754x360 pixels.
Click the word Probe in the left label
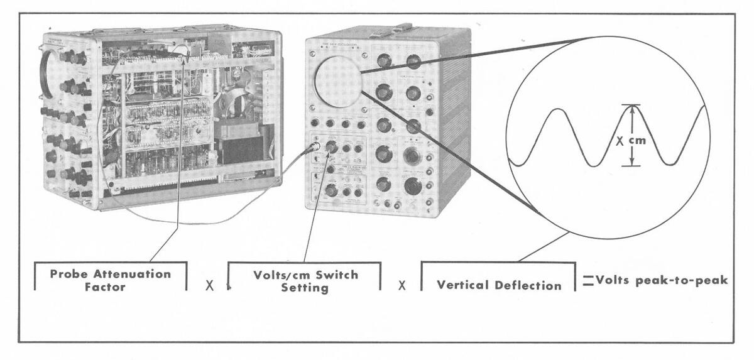click(70, 274)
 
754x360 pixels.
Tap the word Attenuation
click(131, 274)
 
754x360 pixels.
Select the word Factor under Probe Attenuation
click(104, 287)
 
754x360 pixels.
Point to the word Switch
click(336, 275)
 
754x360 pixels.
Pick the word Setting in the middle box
click(305, 288)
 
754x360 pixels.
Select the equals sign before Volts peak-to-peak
click(587, 281)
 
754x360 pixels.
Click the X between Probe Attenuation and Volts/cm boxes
click(210, 285)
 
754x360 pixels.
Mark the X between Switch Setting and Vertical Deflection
click(402, 285)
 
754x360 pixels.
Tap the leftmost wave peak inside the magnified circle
click(558, 111)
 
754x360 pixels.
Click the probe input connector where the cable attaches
click(314, 148)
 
